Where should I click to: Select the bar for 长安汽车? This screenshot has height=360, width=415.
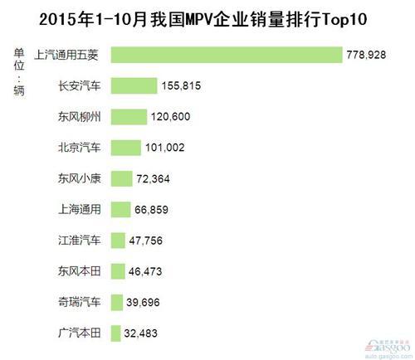(133, 85)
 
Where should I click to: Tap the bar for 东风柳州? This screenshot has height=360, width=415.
(127, 116)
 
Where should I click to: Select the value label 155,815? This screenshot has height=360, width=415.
(183, 86)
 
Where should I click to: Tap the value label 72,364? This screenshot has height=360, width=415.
(156, 179)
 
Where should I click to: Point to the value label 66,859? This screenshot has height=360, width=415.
(155, 210)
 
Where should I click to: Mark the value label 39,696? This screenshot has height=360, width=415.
(146, 304)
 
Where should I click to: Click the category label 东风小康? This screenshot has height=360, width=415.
(79, 178)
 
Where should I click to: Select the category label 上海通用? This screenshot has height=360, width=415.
(79, 210)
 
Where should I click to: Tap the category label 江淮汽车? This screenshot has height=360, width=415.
(79, 241)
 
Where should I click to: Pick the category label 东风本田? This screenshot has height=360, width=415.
(79, 272)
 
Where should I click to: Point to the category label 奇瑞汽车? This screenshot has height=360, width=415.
(79, 303)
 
